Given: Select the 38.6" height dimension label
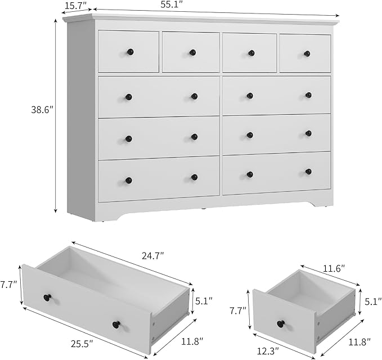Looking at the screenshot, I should click(x=42, y=111).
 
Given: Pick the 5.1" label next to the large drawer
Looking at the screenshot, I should click(x=204, y=300).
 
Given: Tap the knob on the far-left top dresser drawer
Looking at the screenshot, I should click(x=130, y=52).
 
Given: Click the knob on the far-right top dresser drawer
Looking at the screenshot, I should click(x=307, y=54).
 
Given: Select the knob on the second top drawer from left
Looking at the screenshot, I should click(x=192, y=52).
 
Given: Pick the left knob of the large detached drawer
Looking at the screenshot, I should click(x=47, y=297).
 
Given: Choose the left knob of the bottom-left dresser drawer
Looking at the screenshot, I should click(x=128, y=181).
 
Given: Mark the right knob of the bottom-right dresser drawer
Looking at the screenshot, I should click(x=308, y=172).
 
